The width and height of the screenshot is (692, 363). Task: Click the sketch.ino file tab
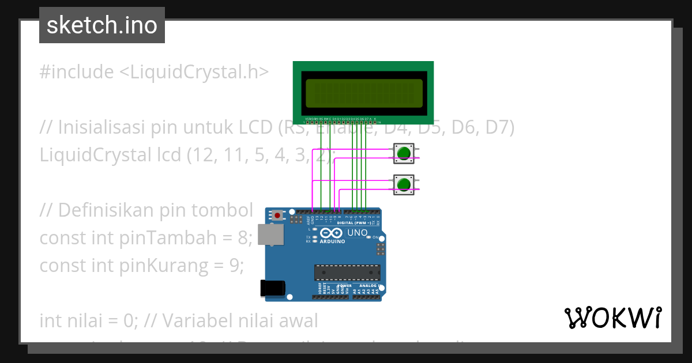coord(102,25)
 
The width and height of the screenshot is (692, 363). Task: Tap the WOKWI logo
coord(612,317)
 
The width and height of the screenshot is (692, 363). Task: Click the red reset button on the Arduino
coord(278,215)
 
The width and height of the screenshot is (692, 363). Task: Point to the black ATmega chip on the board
coord(347,273)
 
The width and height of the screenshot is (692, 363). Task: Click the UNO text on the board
coord(358,233)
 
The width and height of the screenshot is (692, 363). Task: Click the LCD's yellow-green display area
coord(363,93)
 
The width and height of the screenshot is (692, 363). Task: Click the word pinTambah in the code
coord(189,237)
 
